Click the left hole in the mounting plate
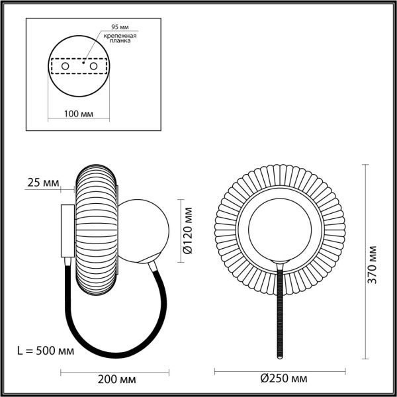click(65, 67)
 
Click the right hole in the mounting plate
click(94, 67)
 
